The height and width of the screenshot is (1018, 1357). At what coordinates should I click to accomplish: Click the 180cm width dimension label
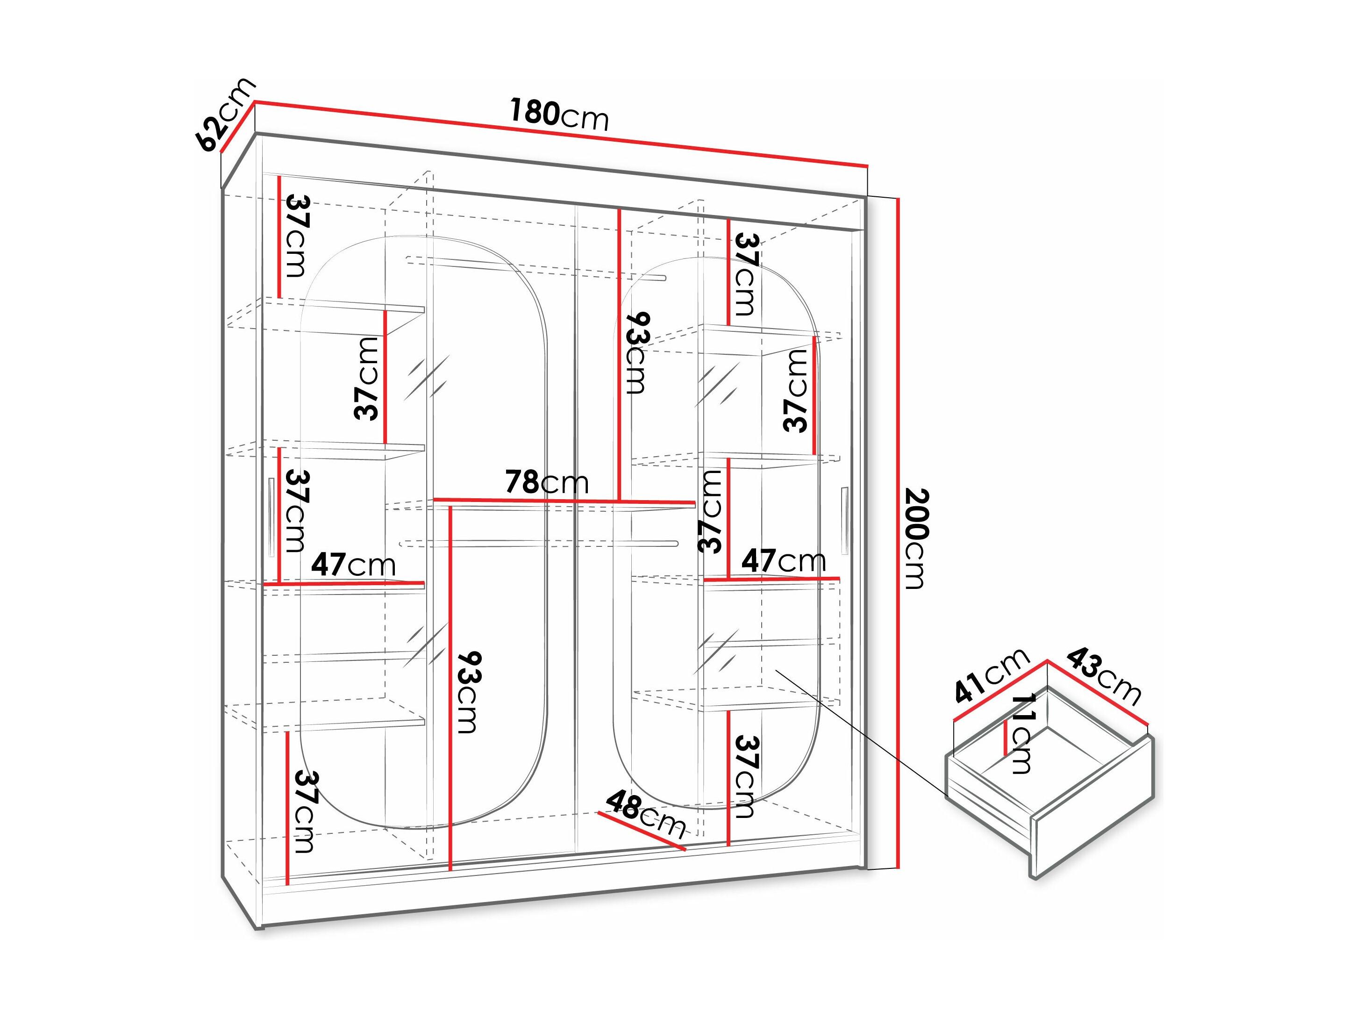point(559,115)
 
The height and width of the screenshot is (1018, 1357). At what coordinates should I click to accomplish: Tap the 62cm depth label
point(224,115)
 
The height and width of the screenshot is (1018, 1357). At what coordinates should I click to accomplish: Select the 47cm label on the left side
point(353,565)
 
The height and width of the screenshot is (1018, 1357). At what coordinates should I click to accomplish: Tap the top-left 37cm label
point(297,236)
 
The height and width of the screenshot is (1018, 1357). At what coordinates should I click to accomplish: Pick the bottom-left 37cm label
point(304,811)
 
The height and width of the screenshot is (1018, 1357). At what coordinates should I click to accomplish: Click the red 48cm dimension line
point(642,832)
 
